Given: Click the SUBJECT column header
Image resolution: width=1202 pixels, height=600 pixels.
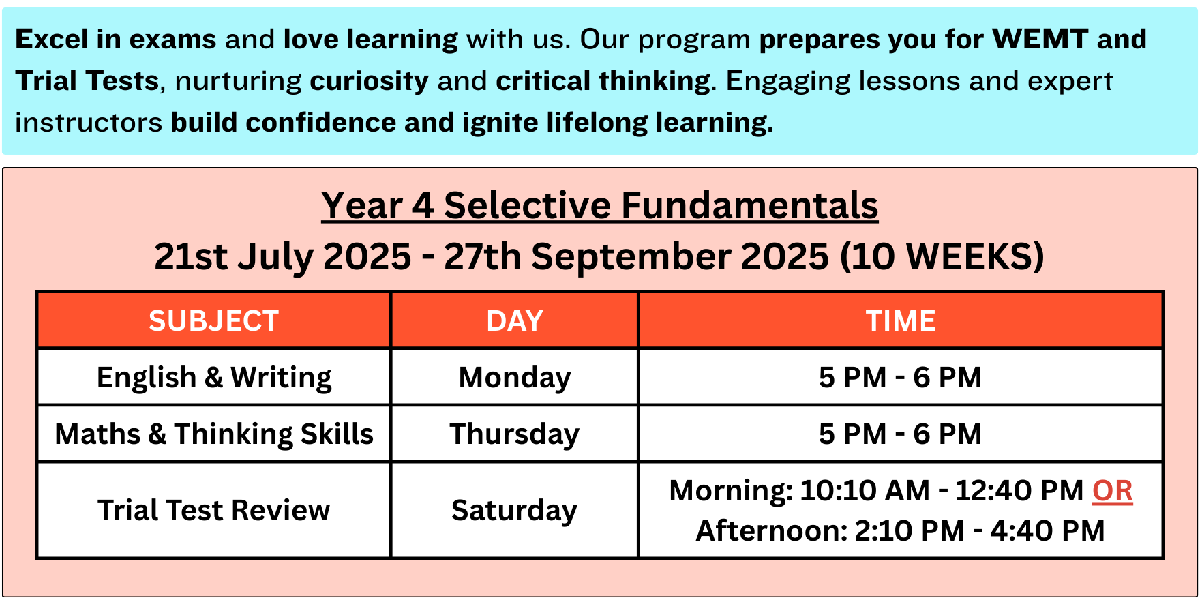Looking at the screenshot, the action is point(214,320).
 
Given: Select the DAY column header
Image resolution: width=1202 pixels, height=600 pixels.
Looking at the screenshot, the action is point(515,320).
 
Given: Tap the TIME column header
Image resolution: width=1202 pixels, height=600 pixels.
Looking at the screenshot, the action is point(901,320).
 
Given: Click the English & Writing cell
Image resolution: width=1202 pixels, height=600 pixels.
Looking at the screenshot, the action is point(214,377).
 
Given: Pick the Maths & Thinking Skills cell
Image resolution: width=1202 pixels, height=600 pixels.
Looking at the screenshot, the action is point(214,434).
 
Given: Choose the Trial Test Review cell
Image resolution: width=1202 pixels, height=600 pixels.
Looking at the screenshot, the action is point(214,510).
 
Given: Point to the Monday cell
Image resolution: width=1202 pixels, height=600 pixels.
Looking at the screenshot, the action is point(515,378).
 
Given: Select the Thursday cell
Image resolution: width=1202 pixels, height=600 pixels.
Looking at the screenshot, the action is point(515,434).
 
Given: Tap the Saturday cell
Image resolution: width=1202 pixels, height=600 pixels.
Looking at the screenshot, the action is point(515,511).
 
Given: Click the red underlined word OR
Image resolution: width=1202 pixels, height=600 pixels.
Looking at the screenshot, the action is point(1113,491).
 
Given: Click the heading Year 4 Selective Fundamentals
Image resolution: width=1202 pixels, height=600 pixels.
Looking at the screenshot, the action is point(600,205).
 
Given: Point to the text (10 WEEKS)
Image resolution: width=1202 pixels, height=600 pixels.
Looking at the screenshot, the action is point(942,256).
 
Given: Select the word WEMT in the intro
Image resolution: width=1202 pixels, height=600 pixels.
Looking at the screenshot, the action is point(1040,39).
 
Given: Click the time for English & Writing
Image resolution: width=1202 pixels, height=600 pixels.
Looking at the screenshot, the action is point(901,377).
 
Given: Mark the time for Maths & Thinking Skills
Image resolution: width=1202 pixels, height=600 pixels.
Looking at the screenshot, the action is point(901,434).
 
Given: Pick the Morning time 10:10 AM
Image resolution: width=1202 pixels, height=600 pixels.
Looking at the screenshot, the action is point(865,490).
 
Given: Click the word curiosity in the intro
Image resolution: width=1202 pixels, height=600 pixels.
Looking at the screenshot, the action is point(370,81).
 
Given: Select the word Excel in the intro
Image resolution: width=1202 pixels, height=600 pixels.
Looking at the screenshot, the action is point(52,39).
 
